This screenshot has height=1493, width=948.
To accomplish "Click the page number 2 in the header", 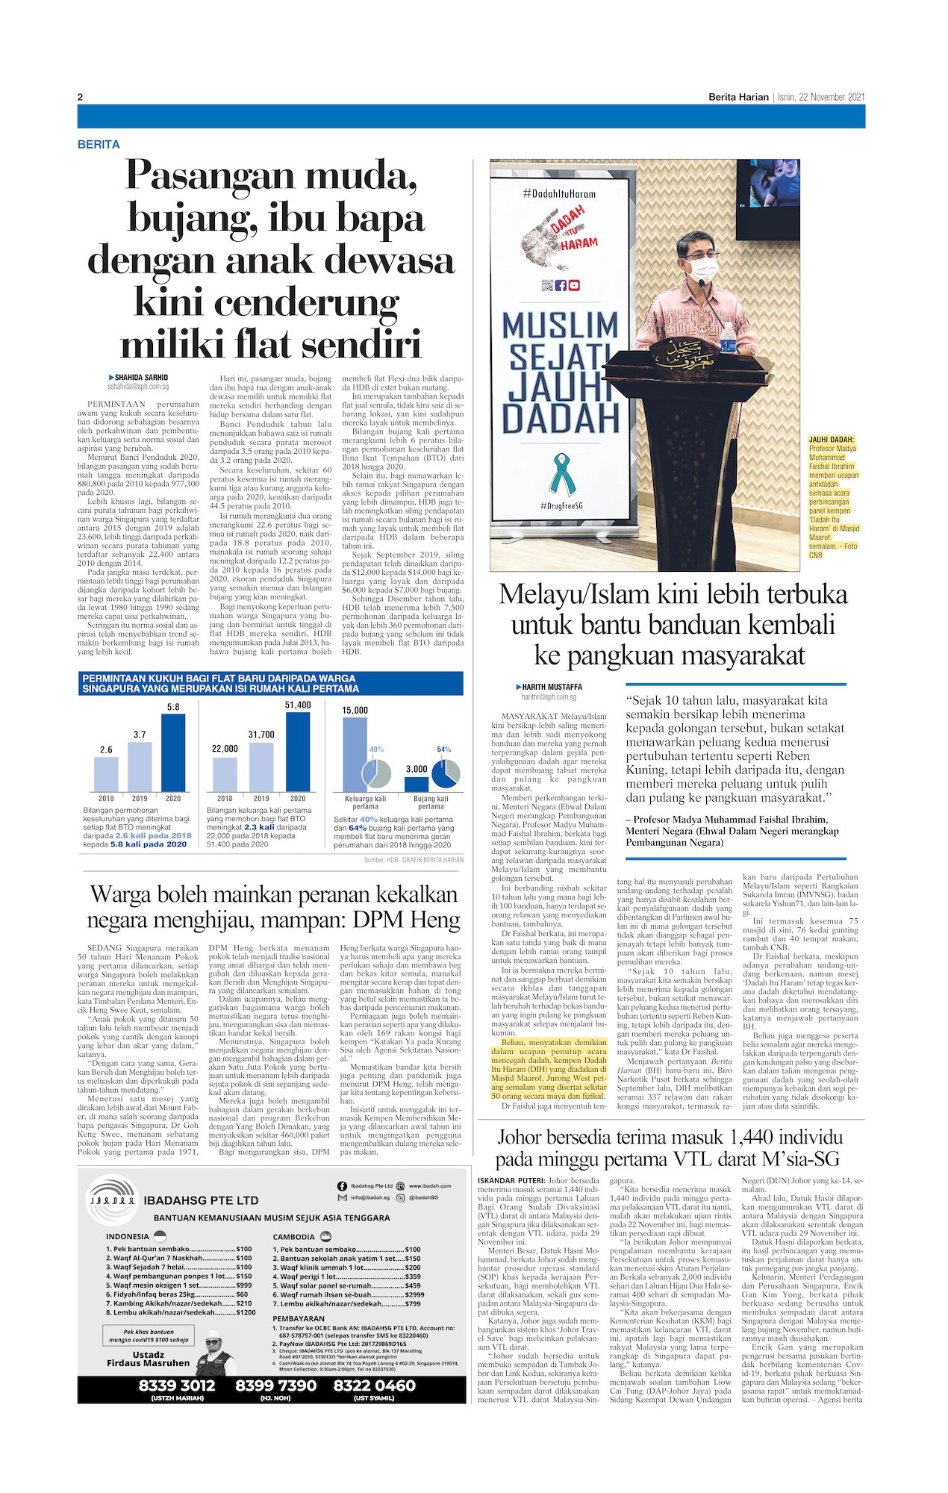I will click(x=80, y=97).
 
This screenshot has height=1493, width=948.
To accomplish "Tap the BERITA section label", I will click(x=99, y=144).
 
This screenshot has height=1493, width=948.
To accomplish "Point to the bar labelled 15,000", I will click(x=355, y=754).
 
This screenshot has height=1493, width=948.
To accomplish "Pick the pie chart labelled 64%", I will click(x=446, y=773).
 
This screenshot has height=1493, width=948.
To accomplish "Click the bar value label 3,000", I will click(x=417, y=769).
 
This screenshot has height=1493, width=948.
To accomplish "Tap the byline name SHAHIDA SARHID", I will click(x=141, y=378).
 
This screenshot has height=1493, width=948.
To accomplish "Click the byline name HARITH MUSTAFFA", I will click(x=552, y=687).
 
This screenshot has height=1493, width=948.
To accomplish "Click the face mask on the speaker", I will click(x=701, y=268).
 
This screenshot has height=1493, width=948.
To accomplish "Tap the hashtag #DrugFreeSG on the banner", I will click(x=560, y=507).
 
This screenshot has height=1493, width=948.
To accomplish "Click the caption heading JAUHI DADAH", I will click(x=832, y=440).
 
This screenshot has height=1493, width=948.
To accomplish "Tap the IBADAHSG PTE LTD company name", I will click(x=201, y=1200).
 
